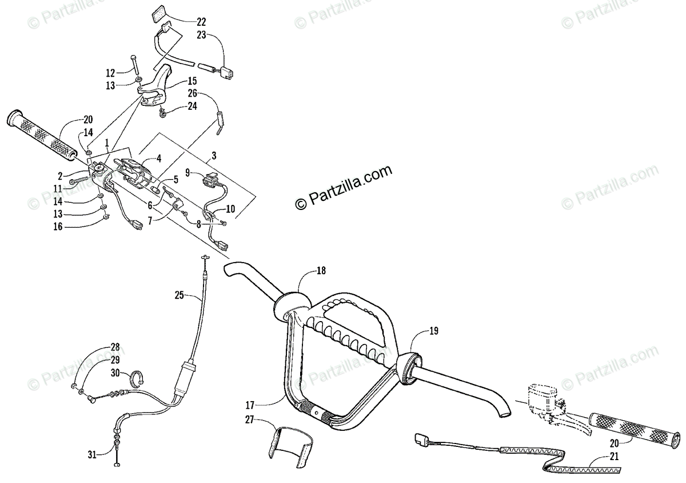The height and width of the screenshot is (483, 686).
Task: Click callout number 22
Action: pyautogui.click(x=201, y=22)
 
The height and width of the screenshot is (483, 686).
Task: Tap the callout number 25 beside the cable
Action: pyautogui.click(x=180, y=295)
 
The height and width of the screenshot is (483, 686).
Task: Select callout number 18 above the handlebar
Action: pyautogui.click(x=321, y=271)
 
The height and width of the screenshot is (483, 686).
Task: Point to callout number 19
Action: pyautogui.click(x=434, y=330)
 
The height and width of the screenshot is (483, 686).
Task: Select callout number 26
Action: pyautogui.click(x=192, y=93)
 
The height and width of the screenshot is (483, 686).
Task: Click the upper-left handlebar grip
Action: pyautogui.click(x=43, y=134)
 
